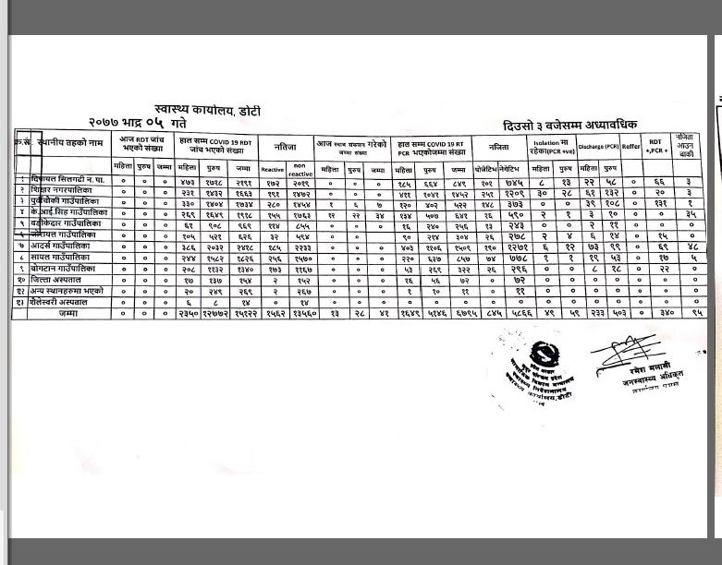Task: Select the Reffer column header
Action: pos(631,146)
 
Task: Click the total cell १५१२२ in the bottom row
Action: pos(244,314)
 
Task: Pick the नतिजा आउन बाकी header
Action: pos(686,146)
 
